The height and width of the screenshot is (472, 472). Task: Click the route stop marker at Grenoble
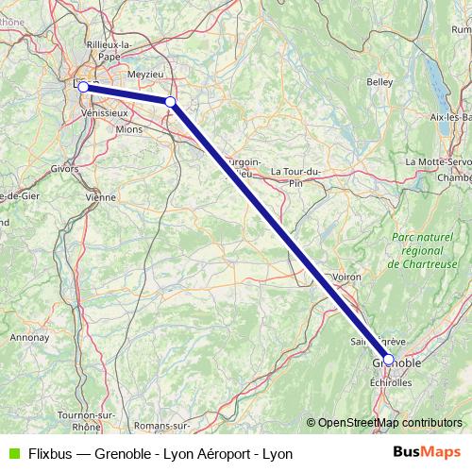(388, 360)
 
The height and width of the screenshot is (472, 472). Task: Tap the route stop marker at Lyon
(83, 87)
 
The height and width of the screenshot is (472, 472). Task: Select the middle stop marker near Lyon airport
(170, 102)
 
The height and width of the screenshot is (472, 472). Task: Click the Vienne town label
(100, 197)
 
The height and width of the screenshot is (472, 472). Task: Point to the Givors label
(64, 170)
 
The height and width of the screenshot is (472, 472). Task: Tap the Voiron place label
(347, 277)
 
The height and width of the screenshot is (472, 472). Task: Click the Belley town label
(379, 82)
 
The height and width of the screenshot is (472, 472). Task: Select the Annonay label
(30, 336)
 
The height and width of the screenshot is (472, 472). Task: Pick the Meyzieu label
(144, 72)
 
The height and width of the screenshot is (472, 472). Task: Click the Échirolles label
(391, 382)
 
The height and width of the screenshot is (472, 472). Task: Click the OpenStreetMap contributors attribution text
(383, 423)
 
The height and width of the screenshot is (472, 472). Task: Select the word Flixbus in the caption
(50, 453)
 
